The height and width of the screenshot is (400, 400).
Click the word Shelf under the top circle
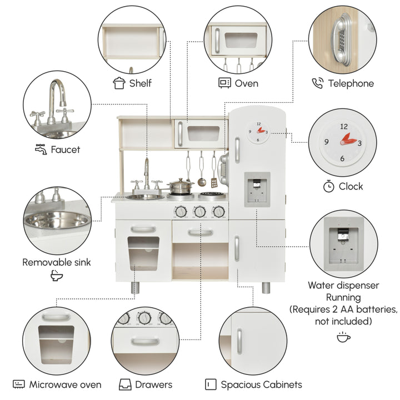141,83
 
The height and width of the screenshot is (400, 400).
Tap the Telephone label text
351,83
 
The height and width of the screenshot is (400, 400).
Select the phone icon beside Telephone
318,83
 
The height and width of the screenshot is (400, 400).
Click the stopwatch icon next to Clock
328,186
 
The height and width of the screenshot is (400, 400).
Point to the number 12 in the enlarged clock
344,126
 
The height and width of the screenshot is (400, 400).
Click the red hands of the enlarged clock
348,139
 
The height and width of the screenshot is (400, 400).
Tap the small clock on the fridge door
258,132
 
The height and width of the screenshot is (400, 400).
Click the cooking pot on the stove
181,186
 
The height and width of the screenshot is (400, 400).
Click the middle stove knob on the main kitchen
199,212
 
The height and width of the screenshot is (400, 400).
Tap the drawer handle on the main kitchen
201,232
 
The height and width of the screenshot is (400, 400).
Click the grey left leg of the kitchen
135,288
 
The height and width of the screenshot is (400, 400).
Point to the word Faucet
66,149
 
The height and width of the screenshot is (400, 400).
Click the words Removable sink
56,262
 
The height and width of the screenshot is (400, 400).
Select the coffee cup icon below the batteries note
343,337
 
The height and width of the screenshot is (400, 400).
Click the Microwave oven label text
66,384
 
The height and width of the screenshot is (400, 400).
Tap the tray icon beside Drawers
125,384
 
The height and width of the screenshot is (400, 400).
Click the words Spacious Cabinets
262,384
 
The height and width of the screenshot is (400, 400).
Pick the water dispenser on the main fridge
257,189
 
